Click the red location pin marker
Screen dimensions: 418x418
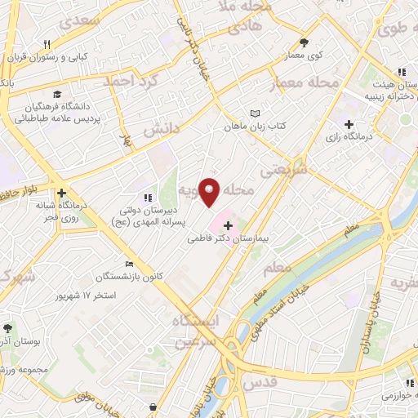(210, 191)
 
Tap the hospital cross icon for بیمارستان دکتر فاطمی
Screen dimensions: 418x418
(227, 225)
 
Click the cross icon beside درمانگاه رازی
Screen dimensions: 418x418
(349, 124)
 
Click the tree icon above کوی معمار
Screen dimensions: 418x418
(305, 42)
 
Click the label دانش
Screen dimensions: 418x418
(161, 129)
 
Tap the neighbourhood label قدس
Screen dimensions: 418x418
(283, 381)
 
